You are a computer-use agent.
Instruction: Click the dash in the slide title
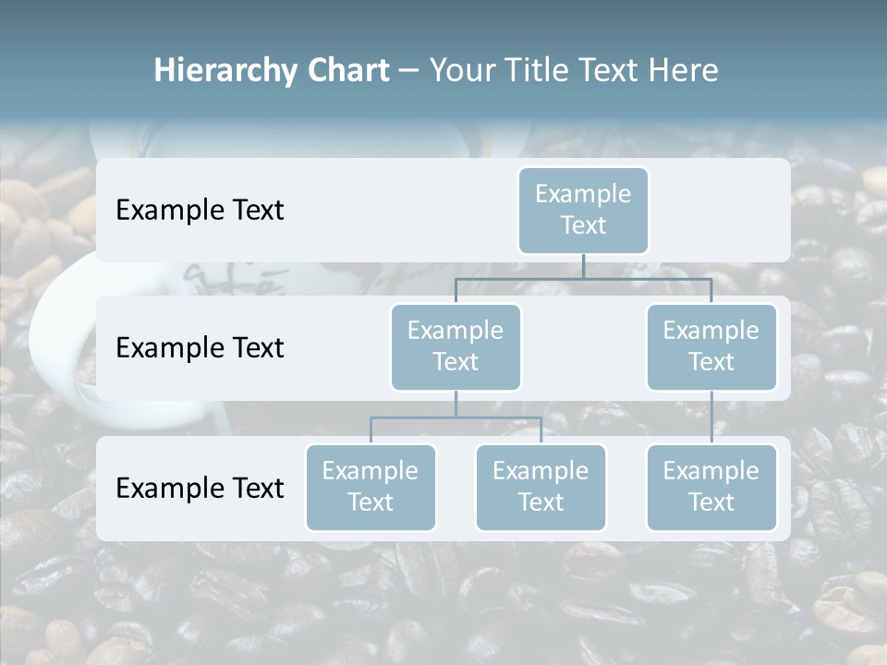409,71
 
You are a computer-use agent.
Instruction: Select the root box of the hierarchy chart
583,211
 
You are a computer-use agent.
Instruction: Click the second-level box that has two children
456,347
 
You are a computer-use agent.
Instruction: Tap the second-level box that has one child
711,347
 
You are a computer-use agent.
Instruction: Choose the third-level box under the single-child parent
711,488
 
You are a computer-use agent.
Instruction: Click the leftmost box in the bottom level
371,488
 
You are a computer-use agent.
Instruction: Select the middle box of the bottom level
541,488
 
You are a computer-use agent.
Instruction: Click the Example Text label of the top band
200,211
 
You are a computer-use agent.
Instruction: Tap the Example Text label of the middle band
200,348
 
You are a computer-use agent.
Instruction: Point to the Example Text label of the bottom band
200,488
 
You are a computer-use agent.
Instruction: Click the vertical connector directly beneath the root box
583,266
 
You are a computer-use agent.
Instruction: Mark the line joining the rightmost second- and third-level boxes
711,417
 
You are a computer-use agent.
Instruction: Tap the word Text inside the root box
583,225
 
